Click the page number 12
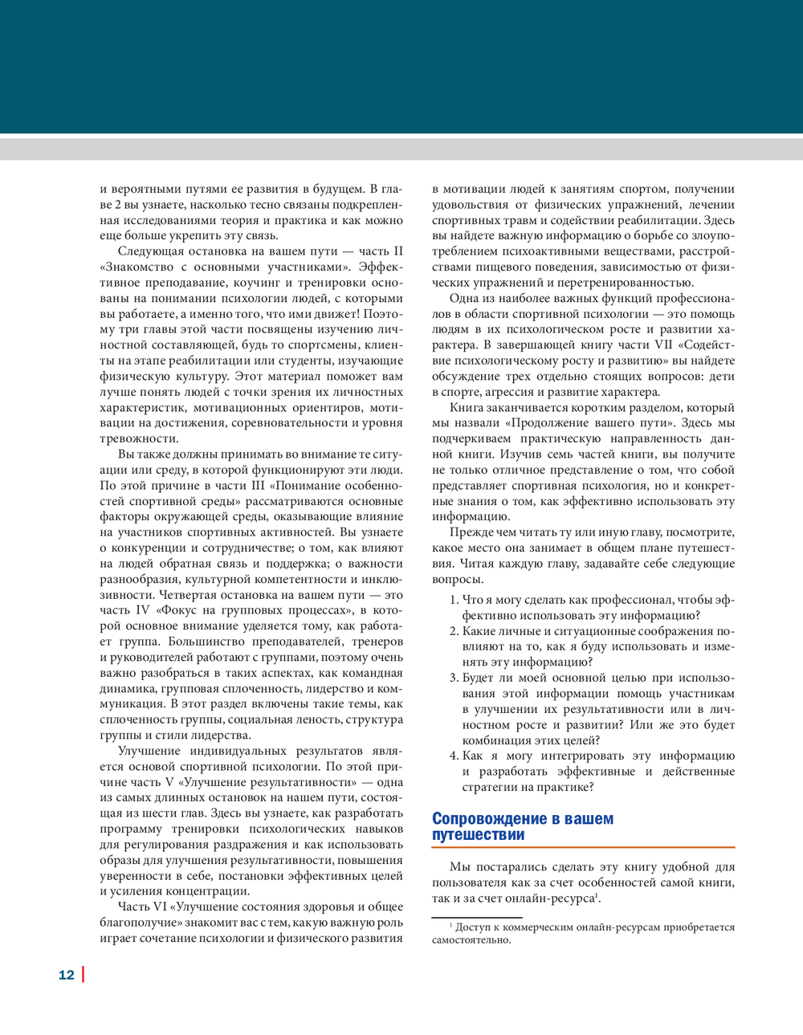coord(66,975)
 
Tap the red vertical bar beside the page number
coord(83,974)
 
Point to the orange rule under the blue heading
coord(583,847)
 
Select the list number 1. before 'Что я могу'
coord(454,600)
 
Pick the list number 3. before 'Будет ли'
coord(454,678)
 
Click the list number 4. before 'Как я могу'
coord(454,756)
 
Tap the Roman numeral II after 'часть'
coord(397,251)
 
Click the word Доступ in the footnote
coord(473,927)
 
